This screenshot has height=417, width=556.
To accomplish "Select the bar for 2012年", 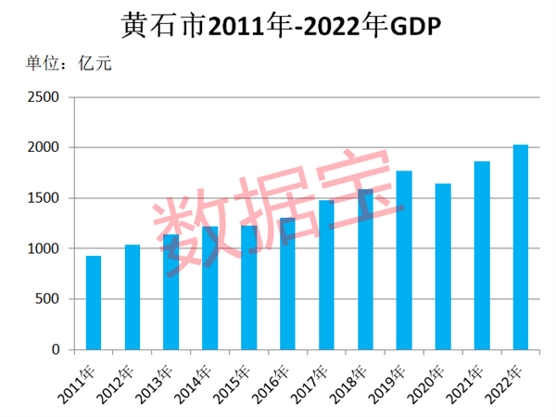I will click(133, 297).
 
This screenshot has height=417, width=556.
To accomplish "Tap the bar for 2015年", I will click(248, 287).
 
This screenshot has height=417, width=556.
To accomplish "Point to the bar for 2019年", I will click(404, 260).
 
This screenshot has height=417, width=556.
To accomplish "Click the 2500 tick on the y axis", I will click(43, 97).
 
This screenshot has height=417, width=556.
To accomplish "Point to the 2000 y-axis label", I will click(43, 147).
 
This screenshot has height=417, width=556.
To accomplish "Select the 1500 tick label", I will click(43, 198).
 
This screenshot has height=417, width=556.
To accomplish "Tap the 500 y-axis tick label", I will click(46, 299).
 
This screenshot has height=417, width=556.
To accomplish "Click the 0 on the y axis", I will click(55, 349).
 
